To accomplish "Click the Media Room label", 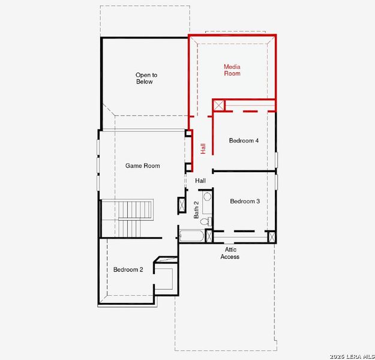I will (x=232, y=70).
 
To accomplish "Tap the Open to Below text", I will (x=144, y=78).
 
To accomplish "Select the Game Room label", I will (x=142, y=166).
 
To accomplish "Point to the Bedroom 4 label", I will (x=244, y=141).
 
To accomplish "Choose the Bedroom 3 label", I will (x=245, y=202).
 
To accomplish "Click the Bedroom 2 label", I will (x=128, y=270).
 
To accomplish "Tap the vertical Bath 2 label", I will (x=196, y=210).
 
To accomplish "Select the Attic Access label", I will (x=230, y=253).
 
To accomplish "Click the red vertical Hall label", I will (x=203, y=148).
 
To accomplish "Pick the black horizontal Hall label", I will (x=200, y=180).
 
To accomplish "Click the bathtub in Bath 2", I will (x=191, y=236).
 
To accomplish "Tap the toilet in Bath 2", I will (x=205, y=222).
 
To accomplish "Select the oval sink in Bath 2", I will (x=207, y=196).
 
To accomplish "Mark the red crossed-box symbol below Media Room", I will (x=219, y=106).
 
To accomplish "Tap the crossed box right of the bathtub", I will (x=209, y=236).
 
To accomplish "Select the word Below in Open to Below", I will (x=144, y=82).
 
